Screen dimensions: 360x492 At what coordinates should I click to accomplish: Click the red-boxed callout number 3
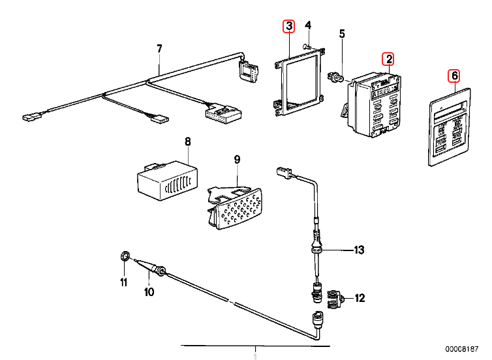(x=288, y=27)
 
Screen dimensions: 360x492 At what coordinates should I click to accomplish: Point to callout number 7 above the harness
(x=158, y=48)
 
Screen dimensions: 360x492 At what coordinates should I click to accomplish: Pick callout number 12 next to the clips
(x=360, y=298)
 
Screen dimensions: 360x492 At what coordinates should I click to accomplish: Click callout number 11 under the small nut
(x=123, y=282)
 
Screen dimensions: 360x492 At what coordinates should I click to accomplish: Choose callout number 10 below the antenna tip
(x=149, y=292)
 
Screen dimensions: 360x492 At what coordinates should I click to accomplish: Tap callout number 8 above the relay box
(x=187, y=141)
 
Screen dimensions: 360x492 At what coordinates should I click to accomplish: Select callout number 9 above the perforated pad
(x=238, y=158)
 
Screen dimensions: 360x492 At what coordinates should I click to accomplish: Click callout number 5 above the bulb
(x=341, y=34)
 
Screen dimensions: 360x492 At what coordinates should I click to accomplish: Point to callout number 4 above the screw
(x=309, y=26)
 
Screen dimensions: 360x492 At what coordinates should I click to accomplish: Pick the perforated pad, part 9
(x=235, y=209)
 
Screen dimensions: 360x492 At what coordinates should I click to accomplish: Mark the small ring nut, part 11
(x=124, y=255)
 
